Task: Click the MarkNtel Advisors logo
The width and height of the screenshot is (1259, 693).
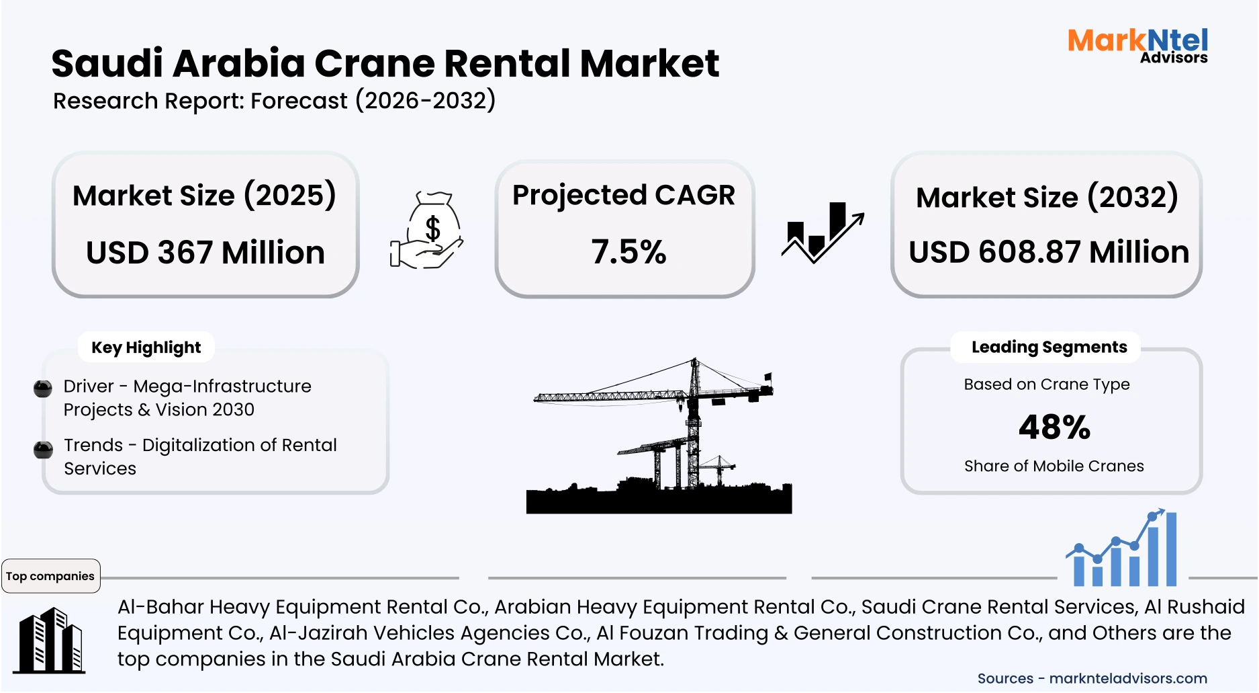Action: [1137, 46]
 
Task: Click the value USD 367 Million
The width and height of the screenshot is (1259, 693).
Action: [205, 253]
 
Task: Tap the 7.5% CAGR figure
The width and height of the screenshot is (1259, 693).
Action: [628, 252]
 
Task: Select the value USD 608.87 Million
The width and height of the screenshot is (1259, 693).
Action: [1048, 252]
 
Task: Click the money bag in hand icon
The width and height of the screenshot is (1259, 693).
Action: [428, 231]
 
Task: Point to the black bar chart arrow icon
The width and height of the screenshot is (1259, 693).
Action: [822, 233]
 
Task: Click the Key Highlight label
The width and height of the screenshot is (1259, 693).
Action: [146, 348]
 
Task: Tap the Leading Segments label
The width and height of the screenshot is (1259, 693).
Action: [1049, 347]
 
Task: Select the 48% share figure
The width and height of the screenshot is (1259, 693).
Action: [1054, 427]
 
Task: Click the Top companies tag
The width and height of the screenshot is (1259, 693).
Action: [50, 576]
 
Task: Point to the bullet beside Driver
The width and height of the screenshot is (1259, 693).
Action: [43, 389]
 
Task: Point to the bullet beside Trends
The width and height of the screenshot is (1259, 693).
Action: [43, 449]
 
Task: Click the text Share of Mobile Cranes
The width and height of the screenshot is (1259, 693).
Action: [1054, 466]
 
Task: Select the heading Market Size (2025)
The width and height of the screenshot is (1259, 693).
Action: [204, 196]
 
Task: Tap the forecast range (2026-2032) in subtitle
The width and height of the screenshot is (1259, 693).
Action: [425, 101]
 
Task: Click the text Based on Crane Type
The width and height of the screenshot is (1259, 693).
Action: [1046, 384]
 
